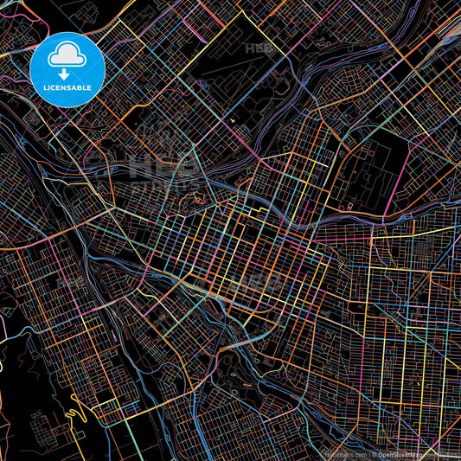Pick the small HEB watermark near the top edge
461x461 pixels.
[259, 49]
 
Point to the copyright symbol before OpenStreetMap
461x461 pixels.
[372, 453]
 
